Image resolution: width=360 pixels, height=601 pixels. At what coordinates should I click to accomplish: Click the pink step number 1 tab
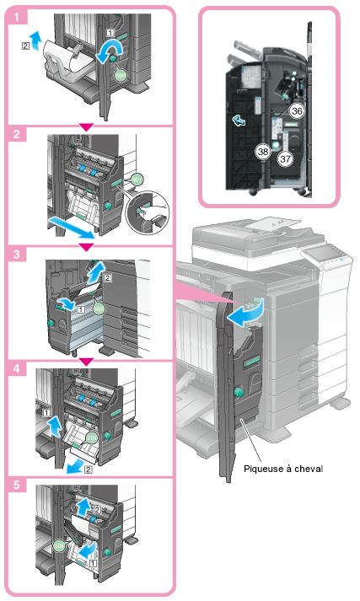coord(17,17)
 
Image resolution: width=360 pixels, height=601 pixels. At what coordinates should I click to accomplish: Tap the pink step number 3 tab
coord(17,254)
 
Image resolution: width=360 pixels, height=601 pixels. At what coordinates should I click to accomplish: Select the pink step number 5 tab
coord(17,485)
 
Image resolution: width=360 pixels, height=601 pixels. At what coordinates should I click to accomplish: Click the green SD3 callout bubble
coord(120,76)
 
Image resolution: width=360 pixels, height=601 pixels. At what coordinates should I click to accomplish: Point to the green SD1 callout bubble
coord(137,179)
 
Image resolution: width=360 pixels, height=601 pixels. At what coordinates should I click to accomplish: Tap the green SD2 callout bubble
coord(99,309)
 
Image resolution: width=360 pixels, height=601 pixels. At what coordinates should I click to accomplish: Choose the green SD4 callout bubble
coord(92,437)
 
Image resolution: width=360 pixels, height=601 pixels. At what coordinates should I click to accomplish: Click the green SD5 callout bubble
coord(59,545)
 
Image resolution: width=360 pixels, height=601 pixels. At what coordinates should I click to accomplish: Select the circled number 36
coord(297,111)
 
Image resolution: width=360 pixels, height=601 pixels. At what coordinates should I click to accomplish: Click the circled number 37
coord(285,158)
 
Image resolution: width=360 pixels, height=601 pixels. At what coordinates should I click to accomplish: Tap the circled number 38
coord(263,152)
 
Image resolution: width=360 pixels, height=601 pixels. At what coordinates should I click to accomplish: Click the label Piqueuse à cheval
coord(283,469)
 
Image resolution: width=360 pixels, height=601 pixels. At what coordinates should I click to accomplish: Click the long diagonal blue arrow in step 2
coord(72,227)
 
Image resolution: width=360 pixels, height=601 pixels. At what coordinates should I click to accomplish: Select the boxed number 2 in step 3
coord(108,278)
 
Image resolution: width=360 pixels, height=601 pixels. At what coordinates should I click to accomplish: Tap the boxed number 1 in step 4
coord(46,413)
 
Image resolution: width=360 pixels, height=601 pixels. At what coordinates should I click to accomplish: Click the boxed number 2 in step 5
coord(97,510)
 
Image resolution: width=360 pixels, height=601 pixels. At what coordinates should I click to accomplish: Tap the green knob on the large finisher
coord(239,392)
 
